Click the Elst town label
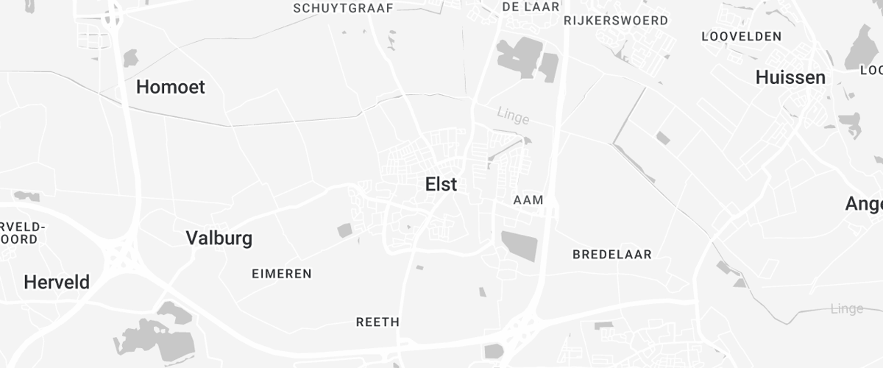tap(441, 185)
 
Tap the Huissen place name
tap(790, 77)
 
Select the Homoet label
tap(171, 87)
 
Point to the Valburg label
tap(219, 238)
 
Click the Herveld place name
tap(57, 282)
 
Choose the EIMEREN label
tap(282, 274)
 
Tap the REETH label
tap(377, 322)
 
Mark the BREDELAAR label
tap(612, 255)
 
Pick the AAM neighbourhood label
tap(528, 200)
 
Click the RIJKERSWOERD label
tap(616, 21)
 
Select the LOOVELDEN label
tap(741, 36)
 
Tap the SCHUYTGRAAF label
tap(344, 8)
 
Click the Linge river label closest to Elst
tap(513, 115)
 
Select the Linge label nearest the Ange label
tap(846, 308)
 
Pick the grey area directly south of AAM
tap(519, 245)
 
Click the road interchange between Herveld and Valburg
tap(118, 255)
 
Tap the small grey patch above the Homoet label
tap(130, 57)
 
